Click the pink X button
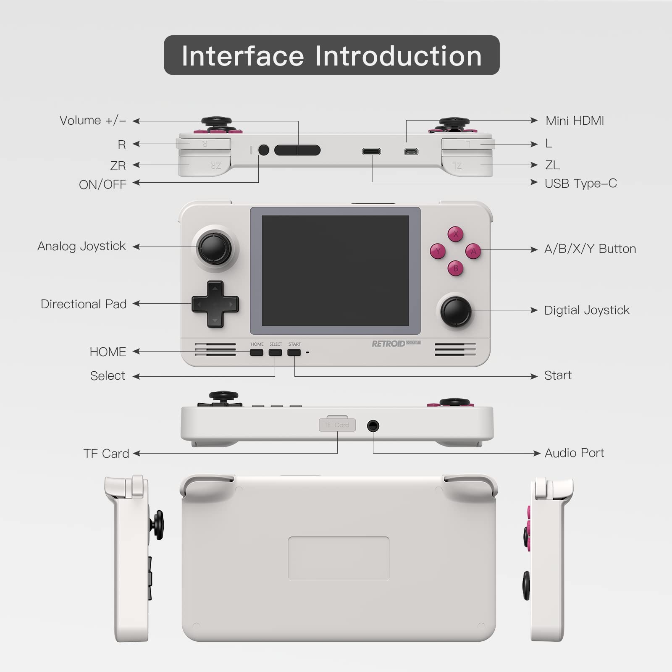455,234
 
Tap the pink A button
473,251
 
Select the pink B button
456,268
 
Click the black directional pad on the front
215,304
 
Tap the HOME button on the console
257,352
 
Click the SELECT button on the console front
276,352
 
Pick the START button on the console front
294,352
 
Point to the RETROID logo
388,344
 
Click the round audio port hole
373,426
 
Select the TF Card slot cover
337,425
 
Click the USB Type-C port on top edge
372,151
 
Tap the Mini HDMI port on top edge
411,151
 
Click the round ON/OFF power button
264,150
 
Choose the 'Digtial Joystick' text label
587,310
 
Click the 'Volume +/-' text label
93,121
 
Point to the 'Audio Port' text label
574,453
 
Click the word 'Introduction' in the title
398,56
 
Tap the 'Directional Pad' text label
84,304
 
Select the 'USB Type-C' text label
580,184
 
